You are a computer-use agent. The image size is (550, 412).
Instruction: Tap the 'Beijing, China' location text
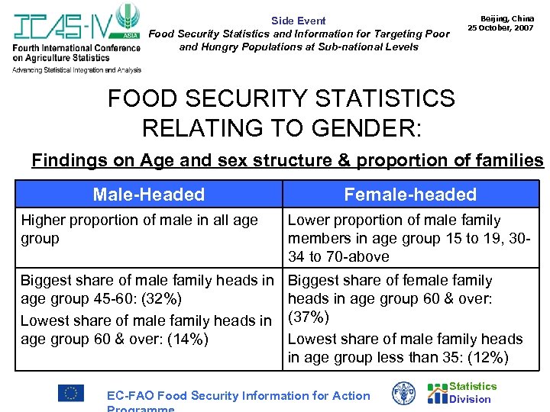pyautogui.click(x=506, y=18)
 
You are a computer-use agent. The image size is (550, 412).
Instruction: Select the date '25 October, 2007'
pyautogui.click(x=500, y=27)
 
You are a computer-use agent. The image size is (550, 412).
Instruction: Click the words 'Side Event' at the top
pyautogui.click(x=298, y=21)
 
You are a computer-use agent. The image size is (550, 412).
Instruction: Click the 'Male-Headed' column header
pyautogui.click(x=149, y=195)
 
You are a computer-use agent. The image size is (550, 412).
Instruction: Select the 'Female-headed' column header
pyautogui.click(x=410, y=195)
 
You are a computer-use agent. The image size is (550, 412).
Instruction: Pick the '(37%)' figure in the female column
pyautogui.click(x=309, y=317)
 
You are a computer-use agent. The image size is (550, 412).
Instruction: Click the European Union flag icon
pyautogui.click(x=71, y=393)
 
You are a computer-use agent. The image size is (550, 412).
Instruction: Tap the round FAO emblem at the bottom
pyautogui.click(x=403, y=394)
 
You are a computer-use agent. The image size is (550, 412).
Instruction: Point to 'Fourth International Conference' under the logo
pyautogui.click(x=76, y=48)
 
